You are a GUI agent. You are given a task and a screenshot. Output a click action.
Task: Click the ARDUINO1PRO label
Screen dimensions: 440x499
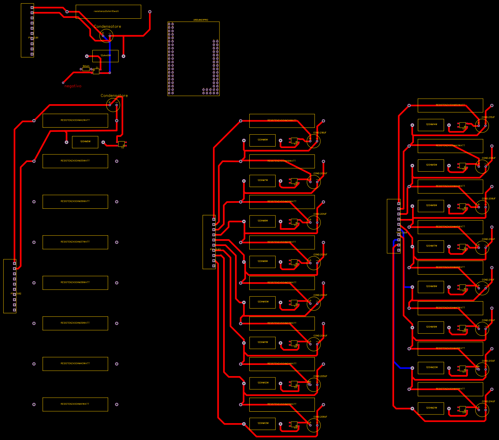coord(200,20)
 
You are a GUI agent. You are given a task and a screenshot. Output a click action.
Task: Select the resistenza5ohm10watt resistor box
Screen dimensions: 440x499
coord(108,11)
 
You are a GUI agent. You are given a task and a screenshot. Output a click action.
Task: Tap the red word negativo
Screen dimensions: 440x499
coord(73,86)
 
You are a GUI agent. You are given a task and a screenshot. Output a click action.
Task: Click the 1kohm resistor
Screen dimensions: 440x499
coord(86,69)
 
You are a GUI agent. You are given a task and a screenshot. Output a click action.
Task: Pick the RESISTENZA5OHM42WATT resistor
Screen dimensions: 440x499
coord(75,121)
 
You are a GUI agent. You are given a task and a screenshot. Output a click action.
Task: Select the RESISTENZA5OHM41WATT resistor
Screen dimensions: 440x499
coord(75,404)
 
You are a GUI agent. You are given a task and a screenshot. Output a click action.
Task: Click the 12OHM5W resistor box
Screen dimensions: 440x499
coord(85,142)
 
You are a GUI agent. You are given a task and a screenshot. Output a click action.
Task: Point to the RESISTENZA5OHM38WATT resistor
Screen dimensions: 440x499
coord(75,283)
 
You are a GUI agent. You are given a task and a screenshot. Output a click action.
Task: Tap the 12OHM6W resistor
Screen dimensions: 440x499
coord(262,140)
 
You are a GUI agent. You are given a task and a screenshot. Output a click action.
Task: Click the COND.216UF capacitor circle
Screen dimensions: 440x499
coord(314,141)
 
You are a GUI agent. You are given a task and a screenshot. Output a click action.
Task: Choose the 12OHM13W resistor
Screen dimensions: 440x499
coord(262,423)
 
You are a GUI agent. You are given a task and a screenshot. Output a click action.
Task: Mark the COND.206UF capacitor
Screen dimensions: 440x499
coord(314,425)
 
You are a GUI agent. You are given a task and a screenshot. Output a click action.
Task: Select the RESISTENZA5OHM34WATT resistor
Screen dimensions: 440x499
coord(282,121)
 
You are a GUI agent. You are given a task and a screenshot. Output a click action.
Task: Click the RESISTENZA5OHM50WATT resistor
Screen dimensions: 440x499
coord(450,105)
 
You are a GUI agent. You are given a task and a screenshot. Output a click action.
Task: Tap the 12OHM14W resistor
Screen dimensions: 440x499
coord(431,125)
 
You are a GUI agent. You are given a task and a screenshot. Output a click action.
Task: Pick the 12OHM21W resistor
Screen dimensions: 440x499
coord(431,408)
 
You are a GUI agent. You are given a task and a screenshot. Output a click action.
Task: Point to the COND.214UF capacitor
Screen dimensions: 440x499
coord(482,410)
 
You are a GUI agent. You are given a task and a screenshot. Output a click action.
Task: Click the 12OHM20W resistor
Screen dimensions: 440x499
coord(431,368)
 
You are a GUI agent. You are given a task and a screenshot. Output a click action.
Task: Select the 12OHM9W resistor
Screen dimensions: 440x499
coord(262,261)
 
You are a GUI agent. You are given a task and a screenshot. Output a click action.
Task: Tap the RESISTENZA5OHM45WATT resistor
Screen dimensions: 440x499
coord(450,227)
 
